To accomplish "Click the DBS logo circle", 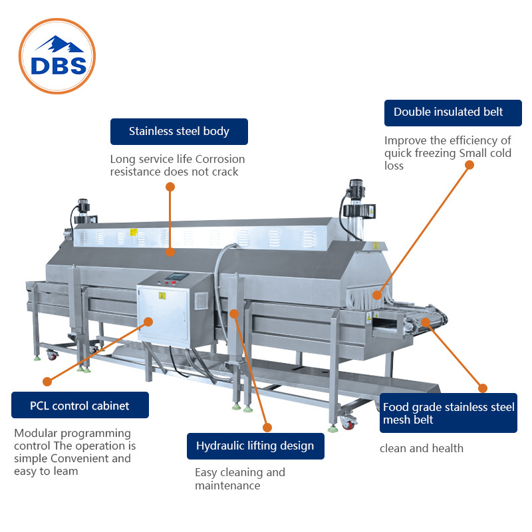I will click(57, 56).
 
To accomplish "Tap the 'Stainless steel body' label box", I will click(179, 132).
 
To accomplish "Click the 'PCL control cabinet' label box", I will click(80, 405).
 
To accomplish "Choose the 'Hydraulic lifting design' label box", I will click(255, 446).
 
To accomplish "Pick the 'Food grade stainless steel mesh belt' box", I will click(448, 413).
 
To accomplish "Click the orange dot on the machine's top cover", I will click(170, 252).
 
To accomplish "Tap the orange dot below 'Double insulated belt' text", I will click(469, 164).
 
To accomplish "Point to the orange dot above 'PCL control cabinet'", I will click(47, 381).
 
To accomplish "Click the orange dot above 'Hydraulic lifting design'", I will click(267, 428).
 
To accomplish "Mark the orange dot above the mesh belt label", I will click(483, 388).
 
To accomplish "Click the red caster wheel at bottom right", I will click(348, 422).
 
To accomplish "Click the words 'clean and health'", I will click(422, 448).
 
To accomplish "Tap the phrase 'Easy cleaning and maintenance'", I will click(239, 479).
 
